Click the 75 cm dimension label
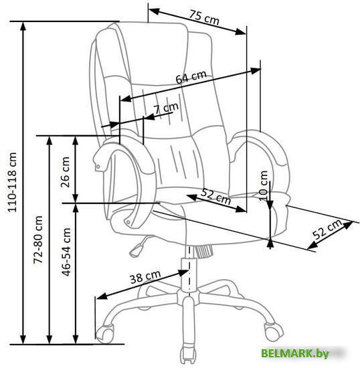(x=204, y=17)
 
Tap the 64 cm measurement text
(x=191, y=76)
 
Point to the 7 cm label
(x=166, y=108)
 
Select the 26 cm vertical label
(x=65, y=172)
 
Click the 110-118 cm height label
(x=12, y=183)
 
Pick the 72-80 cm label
(x=38, y=240)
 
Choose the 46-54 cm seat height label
(x=66, y=252)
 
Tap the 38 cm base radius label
(x=145, y=277)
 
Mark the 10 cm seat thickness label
(x=264, y=186)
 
